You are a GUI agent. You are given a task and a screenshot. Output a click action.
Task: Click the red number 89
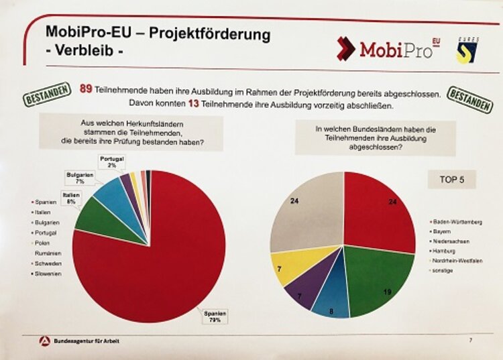(86, 90)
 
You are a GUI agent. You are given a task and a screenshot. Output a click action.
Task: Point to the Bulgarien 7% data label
(78, 177)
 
